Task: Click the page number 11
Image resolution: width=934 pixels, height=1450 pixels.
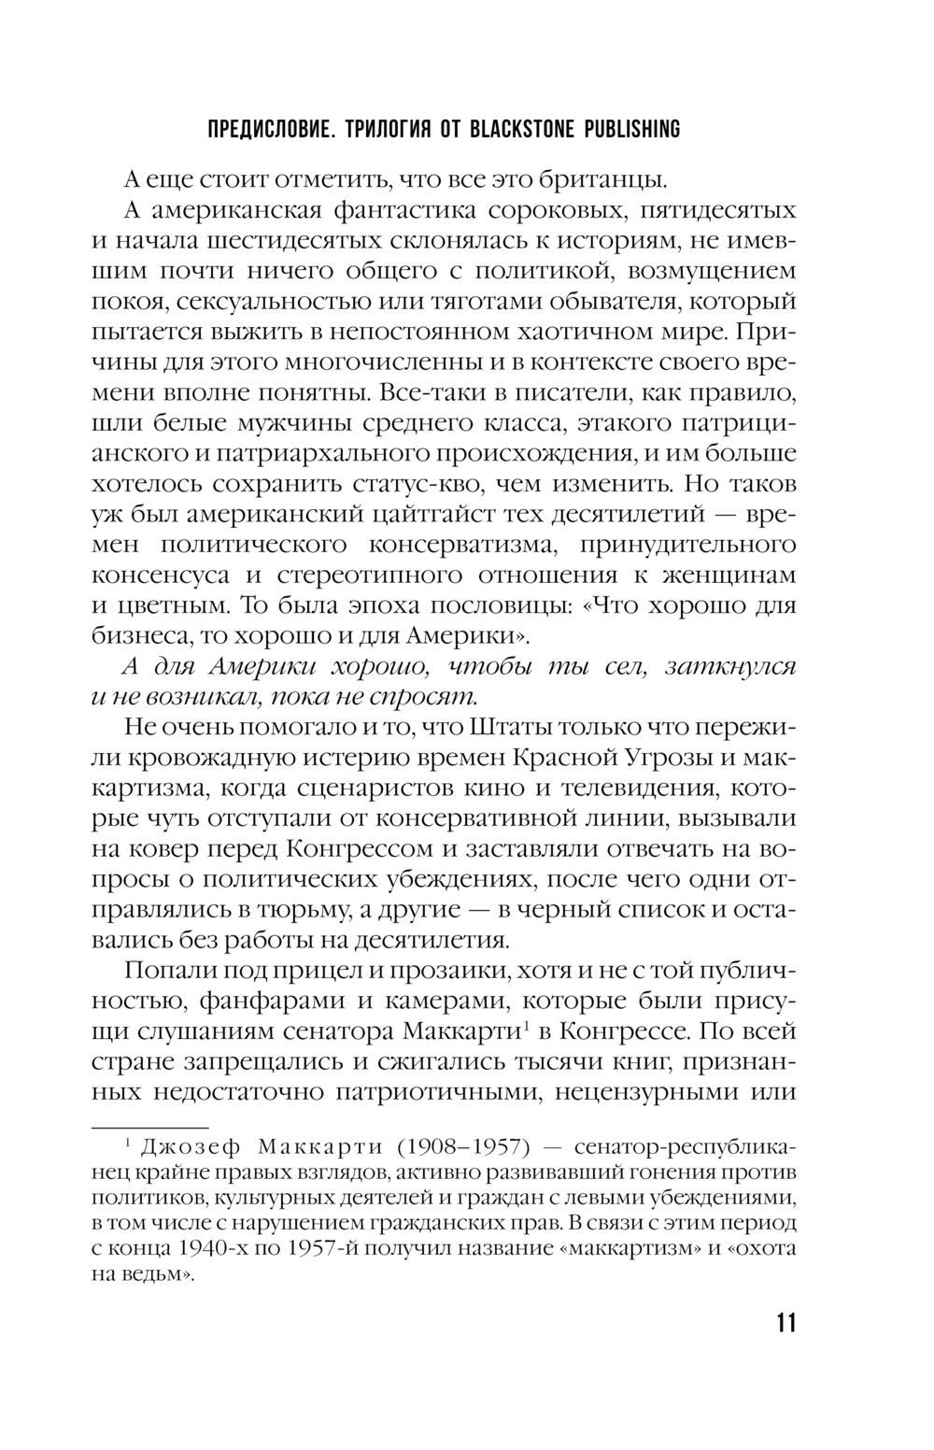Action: point(785,1323)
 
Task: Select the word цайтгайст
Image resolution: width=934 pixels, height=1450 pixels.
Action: point(423,515)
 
